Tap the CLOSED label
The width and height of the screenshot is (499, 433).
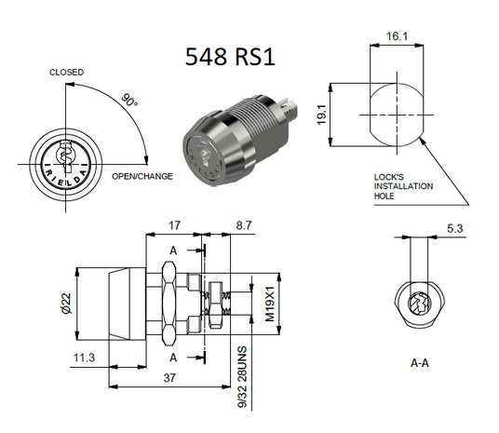click(67, 73)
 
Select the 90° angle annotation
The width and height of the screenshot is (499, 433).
click(129, 100)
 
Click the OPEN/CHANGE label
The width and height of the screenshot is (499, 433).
click(142, 176)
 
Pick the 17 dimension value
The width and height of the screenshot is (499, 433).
click(174, 225)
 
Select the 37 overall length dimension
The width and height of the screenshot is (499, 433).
click(169, 379)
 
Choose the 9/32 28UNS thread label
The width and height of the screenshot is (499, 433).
click(241, 377)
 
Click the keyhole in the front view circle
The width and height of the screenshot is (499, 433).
click(67, 152)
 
